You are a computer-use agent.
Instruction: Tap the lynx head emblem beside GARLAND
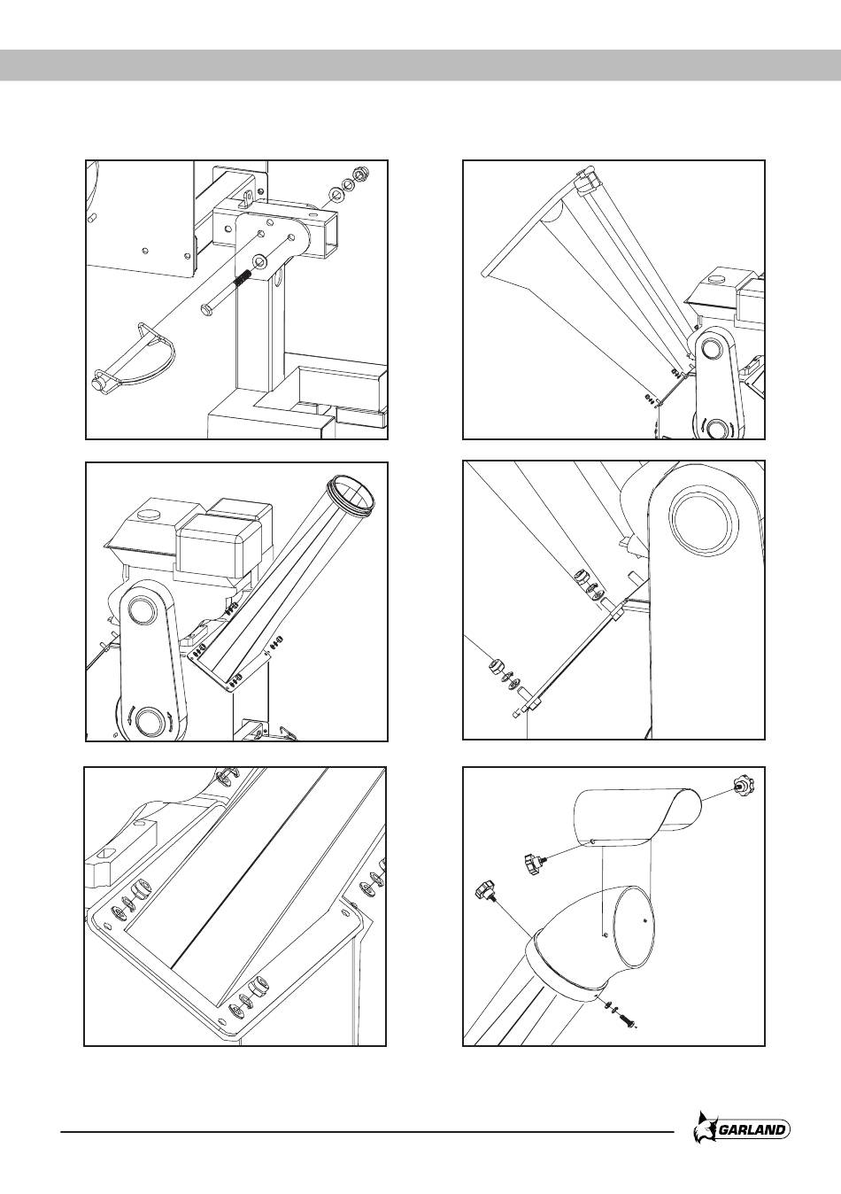coord(706,1129)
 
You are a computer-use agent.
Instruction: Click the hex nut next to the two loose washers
coord(359,174)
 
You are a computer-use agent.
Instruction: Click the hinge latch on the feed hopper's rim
coord(585,183)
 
